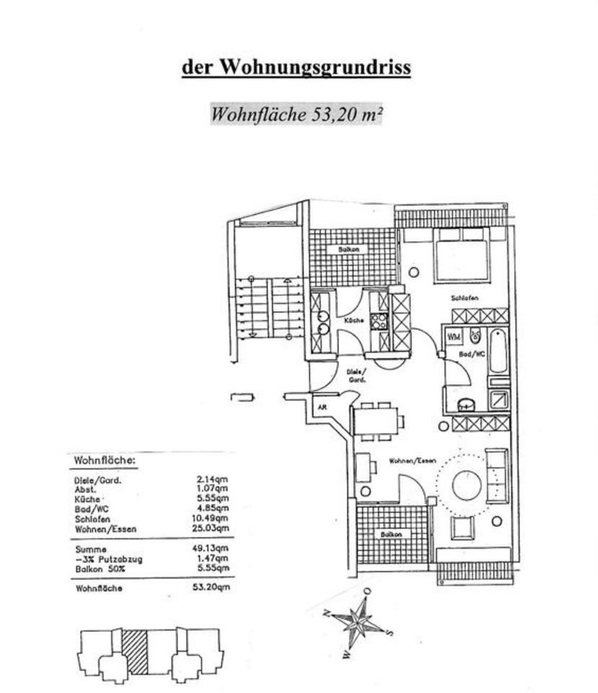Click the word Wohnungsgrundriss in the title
[x=315, y=67]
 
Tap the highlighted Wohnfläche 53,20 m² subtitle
[x=296, y=114]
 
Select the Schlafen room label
[x=465, y=297]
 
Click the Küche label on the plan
[x=353, y=320]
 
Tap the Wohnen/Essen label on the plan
[x=412, y=461]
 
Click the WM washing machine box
[x=454, y=336]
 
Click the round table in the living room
[x=467, y=485]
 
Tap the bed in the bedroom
[x=462, y=256]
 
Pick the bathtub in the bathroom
[x=498, y=350]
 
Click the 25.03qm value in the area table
[x=213, y=529]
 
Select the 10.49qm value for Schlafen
[x=213, y=519]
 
